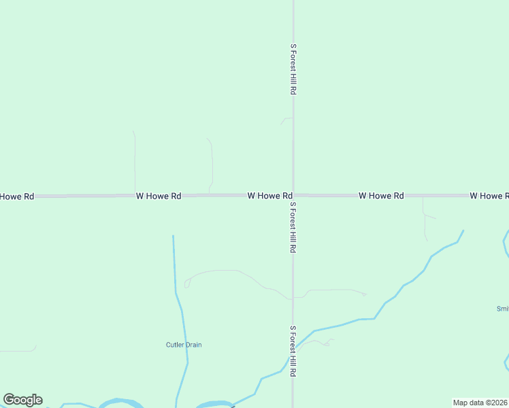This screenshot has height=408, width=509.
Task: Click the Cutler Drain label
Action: [x=184, y=345]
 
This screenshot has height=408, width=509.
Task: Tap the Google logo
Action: [x=23, y=400]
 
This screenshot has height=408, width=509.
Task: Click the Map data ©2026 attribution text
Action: [x=480, y=403]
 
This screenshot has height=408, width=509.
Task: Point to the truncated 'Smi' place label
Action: [x=502, y=308]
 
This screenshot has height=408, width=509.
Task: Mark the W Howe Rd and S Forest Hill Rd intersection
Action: [x=293, y=195]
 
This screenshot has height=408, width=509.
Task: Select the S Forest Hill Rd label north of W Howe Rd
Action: [x=293, y=69]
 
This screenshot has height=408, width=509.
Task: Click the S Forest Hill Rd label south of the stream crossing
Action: [x=293, y=351]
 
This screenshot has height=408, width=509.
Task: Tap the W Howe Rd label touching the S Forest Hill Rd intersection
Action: [x=269, y=195]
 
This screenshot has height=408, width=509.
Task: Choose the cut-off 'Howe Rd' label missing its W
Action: [x=17, y=197]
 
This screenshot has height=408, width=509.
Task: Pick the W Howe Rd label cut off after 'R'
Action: [x=489, y=196]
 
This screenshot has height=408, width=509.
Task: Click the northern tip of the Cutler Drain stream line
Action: [x=173, y=237]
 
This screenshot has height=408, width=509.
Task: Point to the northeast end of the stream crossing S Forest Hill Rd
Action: [x=463, y=231]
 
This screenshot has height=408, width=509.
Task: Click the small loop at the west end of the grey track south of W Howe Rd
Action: [x=186, y=284]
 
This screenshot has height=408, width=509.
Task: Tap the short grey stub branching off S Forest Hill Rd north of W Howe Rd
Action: [x=286, y=120]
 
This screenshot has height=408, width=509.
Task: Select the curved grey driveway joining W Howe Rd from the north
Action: [x=212, y=163]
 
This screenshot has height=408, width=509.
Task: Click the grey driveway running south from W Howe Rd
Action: [x=424, y=218]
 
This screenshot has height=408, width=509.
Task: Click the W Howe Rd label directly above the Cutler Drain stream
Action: [x=159, y=196]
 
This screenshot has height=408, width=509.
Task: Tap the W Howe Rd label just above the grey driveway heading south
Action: [x=381, y=195]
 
